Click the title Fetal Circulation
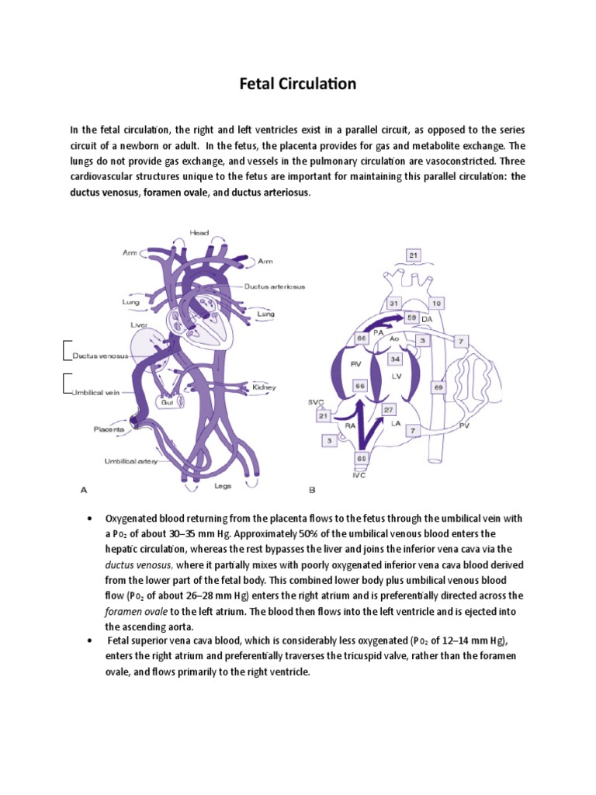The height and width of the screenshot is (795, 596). coord(297,84)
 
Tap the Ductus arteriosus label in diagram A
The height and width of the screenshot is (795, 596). coord(274,286)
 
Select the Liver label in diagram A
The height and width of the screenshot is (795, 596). coord(139,324)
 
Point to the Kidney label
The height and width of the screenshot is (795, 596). coord(264,387)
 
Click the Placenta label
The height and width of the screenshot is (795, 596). coord(110,429)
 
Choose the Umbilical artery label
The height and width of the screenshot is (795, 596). coord(131,460)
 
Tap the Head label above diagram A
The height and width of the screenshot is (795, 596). coord(199,232)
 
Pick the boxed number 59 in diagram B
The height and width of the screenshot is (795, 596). coord(411,317)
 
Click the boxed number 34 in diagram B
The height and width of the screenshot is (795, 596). coord(394,359)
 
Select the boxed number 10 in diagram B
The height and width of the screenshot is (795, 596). coord(437,303)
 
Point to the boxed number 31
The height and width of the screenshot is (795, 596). coord(394,303)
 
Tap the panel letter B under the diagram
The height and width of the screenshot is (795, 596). coord(312,490)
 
